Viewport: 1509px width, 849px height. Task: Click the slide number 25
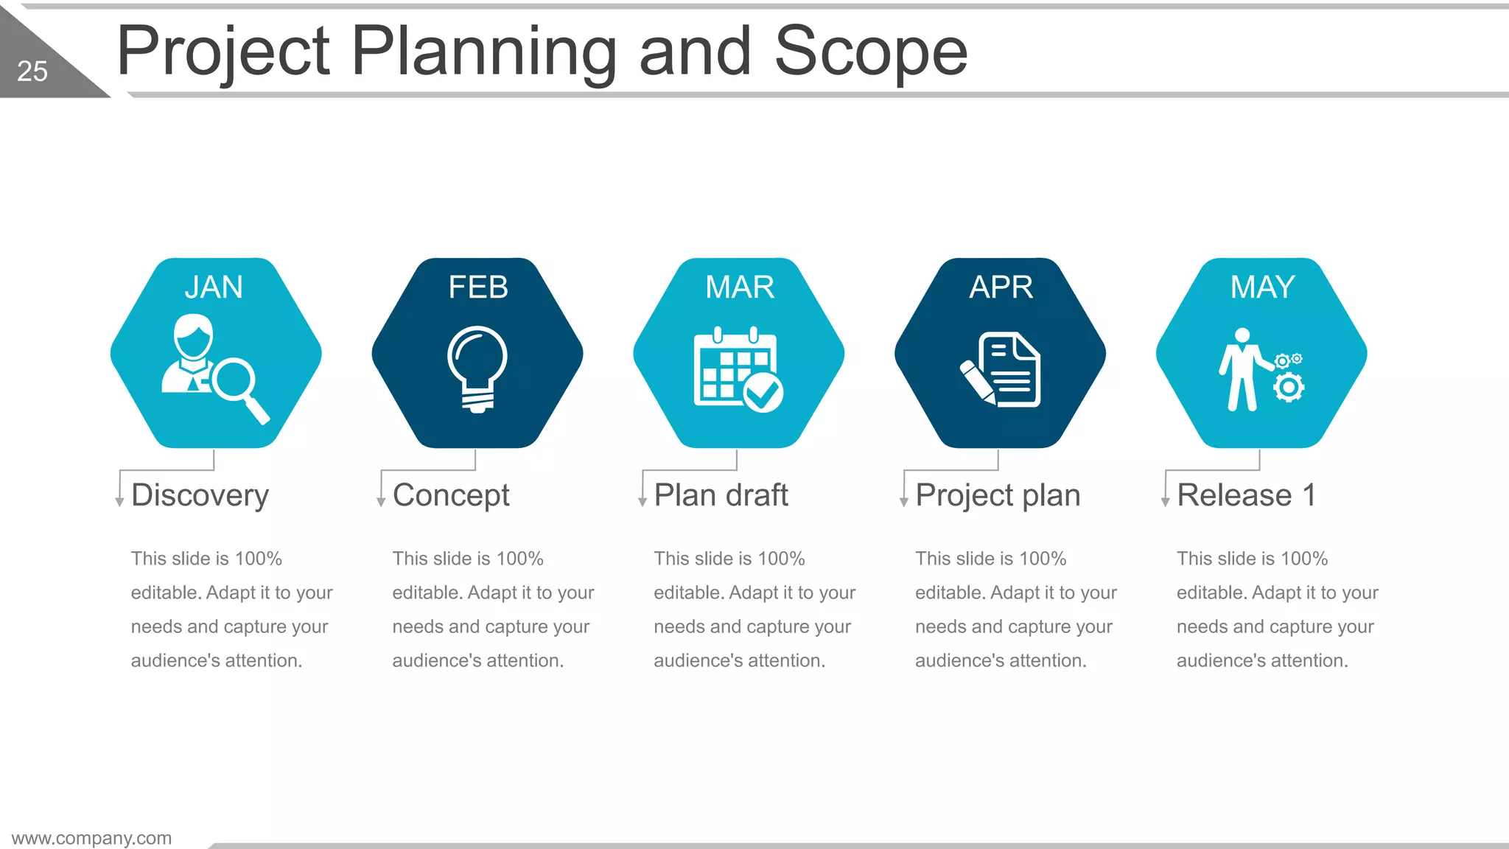click(32, 71)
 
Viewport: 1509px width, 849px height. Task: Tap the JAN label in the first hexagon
click(214, 287)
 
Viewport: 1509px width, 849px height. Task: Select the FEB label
click(478, 287)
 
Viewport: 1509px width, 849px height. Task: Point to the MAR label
click(740, 287)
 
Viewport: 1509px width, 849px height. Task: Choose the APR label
click(1001, 287)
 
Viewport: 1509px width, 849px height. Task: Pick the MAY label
click(1262, 287)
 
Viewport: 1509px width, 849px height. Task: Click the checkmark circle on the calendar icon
click(763, 392)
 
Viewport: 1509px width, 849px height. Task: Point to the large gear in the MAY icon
click(1289, 387)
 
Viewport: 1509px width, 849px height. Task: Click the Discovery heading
click(200, 495)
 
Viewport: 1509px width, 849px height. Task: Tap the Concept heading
click(451, 495)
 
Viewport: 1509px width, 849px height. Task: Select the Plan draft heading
click(721, 495)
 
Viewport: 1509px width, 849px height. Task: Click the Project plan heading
click(998, 495)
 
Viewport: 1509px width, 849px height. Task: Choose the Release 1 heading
click(1246, 495)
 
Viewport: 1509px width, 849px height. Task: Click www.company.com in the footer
click(91, 838)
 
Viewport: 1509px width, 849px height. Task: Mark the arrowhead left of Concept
click(381, 502)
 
